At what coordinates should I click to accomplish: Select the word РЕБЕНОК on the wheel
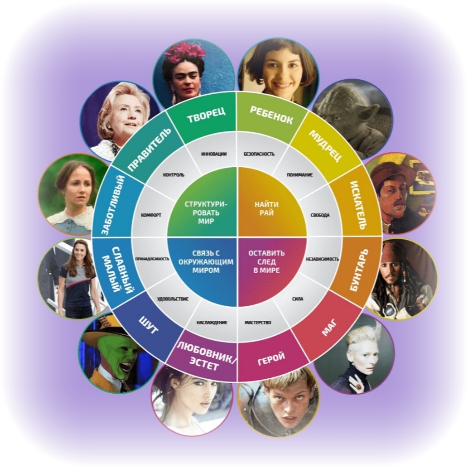tap(271, 115)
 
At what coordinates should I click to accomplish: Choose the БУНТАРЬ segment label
tap(359, 270)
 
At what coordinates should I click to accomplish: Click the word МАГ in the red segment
tap(329, 328)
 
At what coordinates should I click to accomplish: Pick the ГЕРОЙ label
tap(271, 358)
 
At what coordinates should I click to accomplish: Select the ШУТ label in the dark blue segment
tap(148, 325)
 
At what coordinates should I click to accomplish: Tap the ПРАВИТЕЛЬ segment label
tap(150, 149)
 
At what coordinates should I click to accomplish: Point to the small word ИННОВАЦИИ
tap(214, 154)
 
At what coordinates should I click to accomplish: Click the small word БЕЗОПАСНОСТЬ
tap(259, 154)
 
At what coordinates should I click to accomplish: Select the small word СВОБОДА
tap(320, 215)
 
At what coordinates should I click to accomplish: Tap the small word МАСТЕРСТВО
tap(258, 323)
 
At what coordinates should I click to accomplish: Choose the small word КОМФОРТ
tap(151, 215)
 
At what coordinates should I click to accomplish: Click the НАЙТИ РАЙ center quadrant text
tap(266, 209)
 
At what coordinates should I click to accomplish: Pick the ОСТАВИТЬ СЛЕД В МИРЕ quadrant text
tap(266, 262)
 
